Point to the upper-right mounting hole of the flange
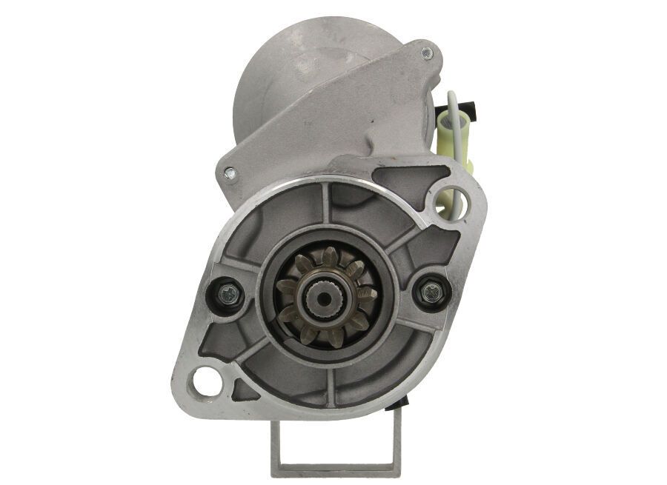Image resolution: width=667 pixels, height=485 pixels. coord(451,201)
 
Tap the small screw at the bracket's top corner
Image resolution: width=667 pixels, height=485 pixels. coord(426,53)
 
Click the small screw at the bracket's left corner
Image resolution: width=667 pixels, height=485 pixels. coord(229,174)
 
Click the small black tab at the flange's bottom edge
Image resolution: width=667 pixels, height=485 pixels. coord(403,402)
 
